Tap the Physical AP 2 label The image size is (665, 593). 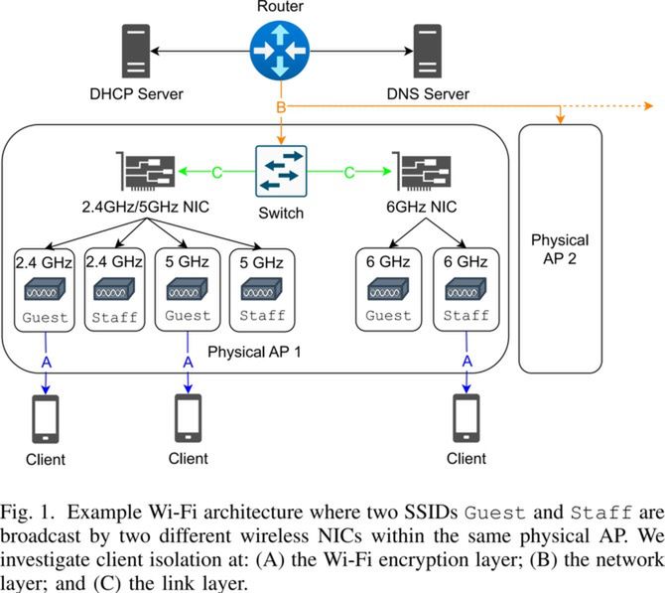pos(560,249)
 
